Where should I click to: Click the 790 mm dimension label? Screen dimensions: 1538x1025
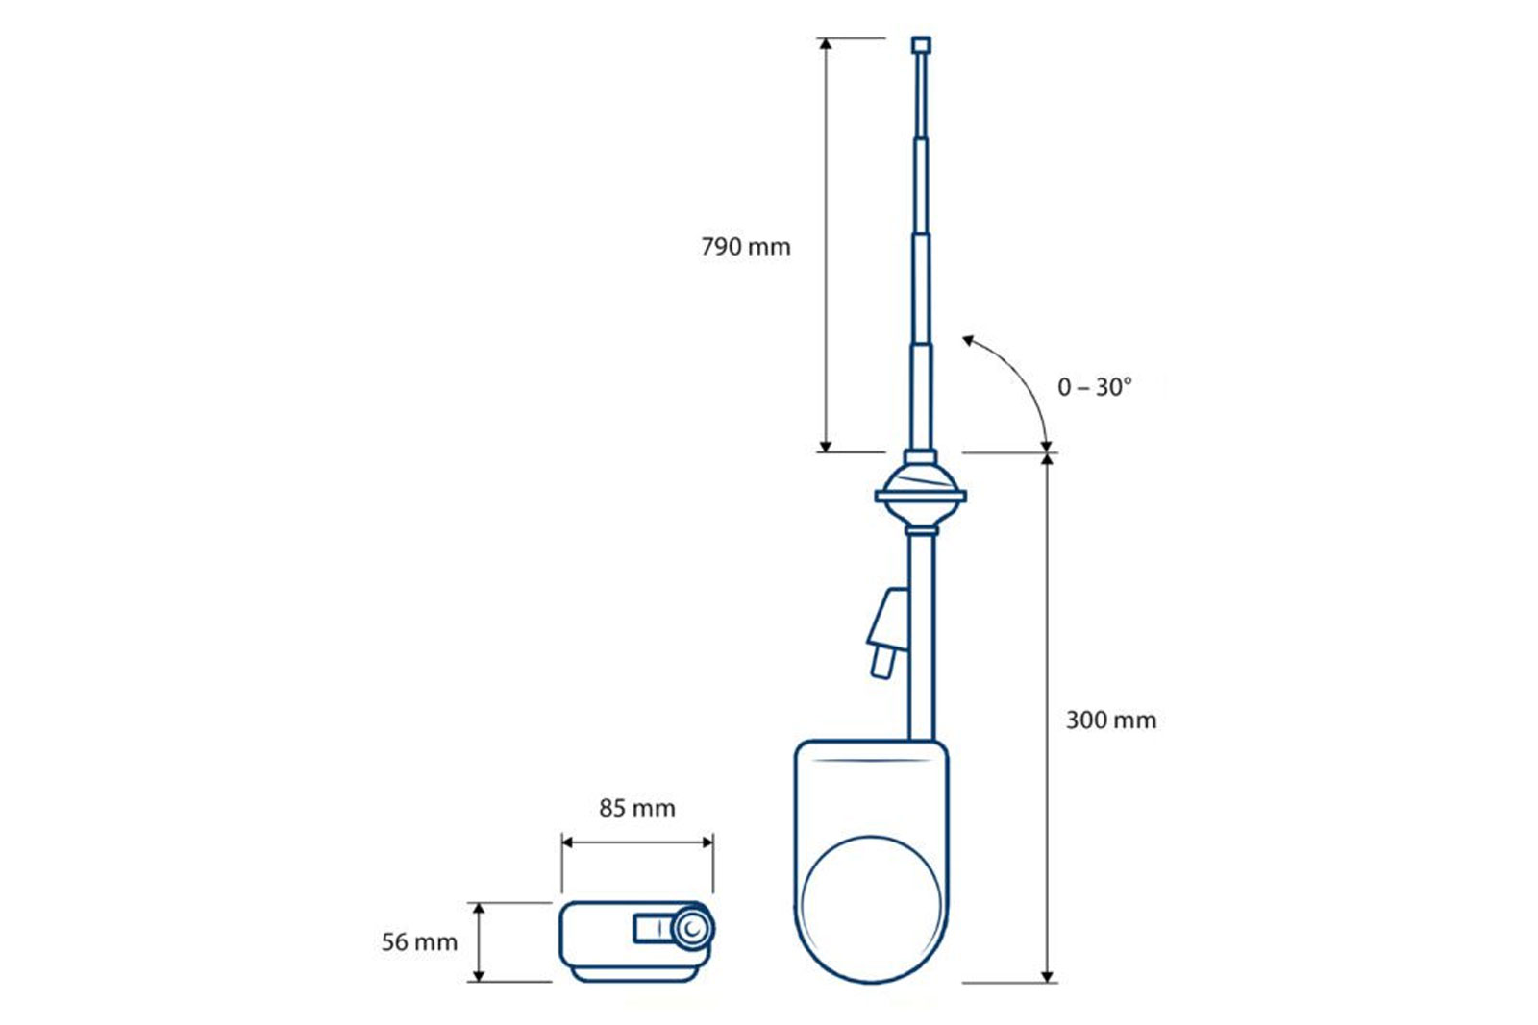pos(746,246)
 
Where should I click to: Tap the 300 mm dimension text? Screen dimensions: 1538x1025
pos(1111,720)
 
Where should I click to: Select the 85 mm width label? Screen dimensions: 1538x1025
pos(637,808)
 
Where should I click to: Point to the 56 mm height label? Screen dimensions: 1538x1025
pos(419,942)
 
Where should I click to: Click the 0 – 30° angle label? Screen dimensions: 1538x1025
pos(1095,388)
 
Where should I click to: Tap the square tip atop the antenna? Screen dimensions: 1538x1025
pos(922,45)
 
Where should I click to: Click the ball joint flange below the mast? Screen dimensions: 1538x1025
pos(921,496)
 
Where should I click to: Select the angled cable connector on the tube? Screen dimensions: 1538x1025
pos(888,632)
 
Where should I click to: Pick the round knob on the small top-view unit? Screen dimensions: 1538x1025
pos(692,928)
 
